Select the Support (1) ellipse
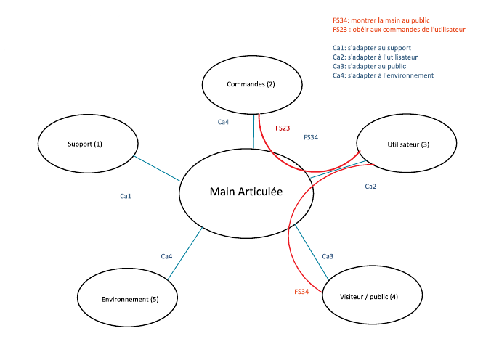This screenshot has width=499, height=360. click(x=85, y=144)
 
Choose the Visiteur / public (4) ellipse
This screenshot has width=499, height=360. click(x=369, y=298)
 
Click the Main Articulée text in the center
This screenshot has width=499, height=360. click(x=246, y=192)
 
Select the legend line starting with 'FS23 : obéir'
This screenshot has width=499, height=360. click(x=398, y=30)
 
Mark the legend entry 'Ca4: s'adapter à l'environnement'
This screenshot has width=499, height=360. click(x=383, y=75)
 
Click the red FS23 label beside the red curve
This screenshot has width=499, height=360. click(x=283, y=128)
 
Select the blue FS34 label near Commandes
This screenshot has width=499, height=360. click(x=310, y=136)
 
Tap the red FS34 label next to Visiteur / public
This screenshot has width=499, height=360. click(x=301, y=291)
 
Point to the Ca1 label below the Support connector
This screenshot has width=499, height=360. click(x=126, y=196)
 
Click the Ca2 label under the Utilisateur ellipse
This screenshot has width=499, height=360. click(x=370, y=187)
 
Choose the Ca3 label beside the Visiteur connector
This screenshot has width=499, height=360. click(x=328, y=256)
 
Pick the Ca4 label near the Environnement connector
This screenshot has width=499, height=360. click(x=166, y=256)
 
